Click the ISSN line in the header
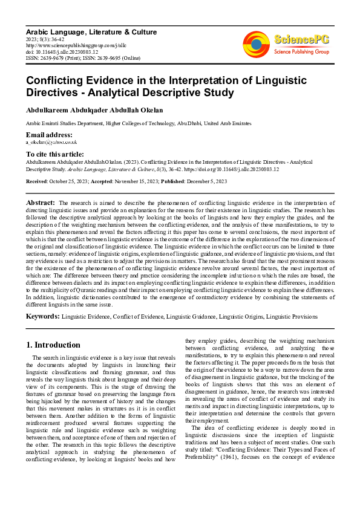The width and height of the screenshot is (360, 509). click(x=82, y=58)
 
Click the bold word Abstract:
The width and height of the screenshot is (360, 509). click(x=41, y=202)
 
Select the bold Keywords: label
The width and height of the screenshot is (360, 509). click(x=44, y=316)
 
